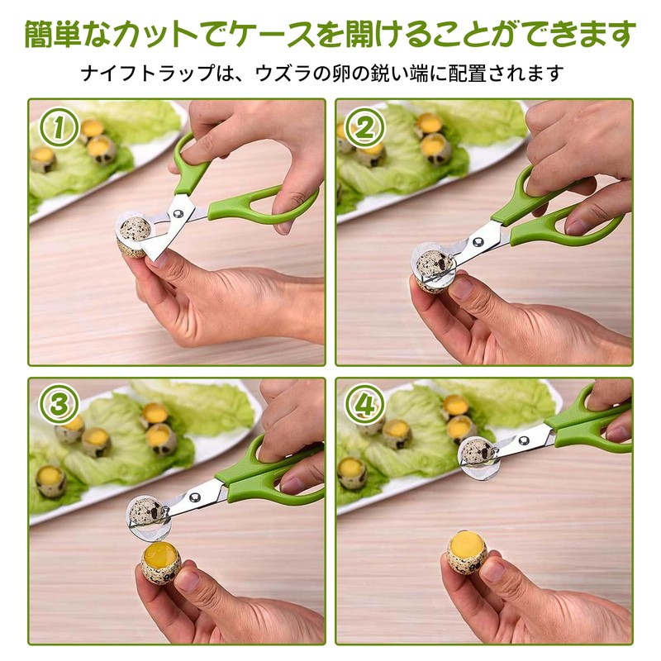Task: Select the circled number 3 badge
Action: click(x=60, y=403)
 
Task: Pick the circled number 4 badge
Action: click(x=364, y=403)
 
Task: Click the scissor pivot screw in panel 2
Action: click(x=478, y=243)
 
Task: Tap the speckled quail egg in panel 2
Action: click(x=431, y=267)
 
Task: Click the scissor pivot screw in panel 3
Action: click(x=194, y=497)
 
